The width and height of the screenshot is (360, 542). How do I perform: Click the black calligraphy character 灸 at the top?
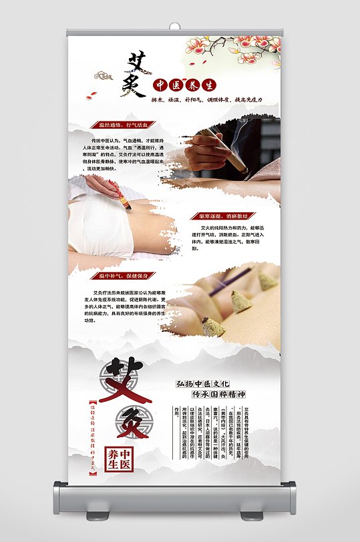coord(134,85)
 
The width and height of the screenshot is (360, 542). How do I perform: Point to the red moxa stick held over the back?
coord(124,199)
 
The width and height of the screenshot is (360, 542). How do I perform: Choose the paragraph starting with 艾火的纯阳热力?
coord(228,238)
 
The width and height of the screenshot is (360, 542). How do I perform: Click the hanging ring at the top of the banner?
coord(174,26)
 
